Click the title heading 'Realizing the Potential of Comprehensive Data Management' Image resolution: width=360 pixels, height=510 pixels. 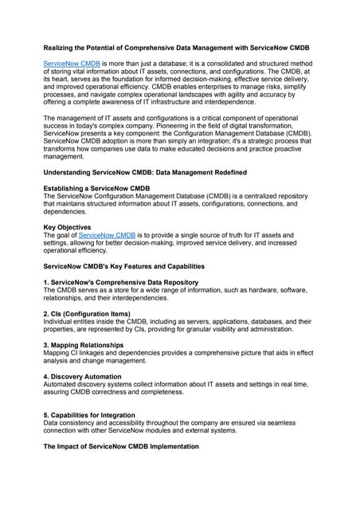(x=175, y=49)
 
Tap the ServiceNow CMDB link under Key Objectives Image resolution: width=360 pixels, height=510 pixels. (x=107, y=235)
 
